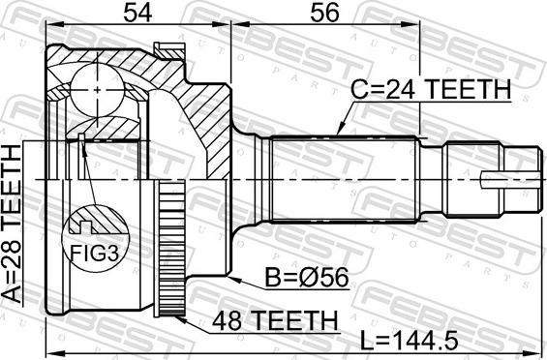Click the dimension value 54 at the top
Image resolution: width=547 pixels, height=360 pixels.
(x=138, y=14)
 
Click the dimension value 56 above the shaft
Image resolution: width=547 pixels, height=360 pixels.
(x=324, y=14)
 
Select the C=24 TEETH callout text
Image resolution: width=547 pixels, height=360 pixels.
(x=431, y=89)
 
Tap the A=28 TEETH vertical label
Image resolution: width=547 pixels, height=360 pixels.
(x=12, y=225)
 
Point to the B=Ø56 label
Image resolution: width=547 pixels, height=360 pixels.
(x=307, y=278)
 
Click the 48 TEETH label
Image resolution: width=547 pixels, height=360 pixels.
(x=276, y=320)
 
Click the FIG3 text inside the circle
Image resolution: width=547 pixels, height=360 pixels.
(x=95, y=253)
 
